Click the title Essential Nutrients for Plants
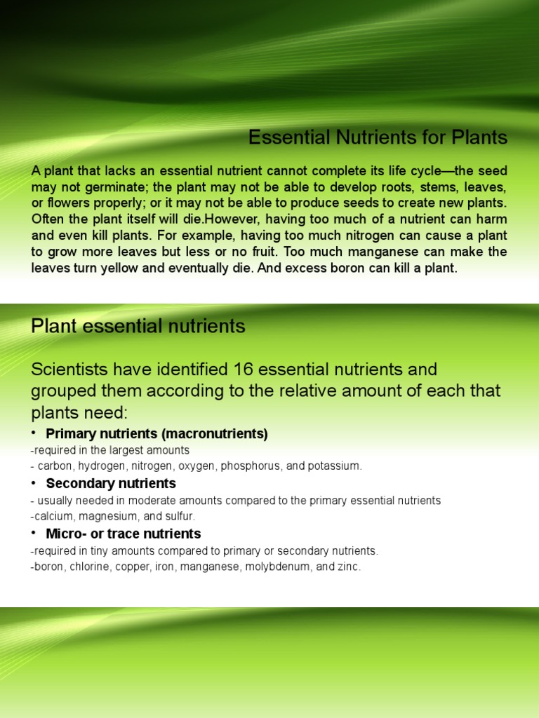click(x=378, y=138)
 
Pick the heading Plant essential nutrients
click(x=138, y=326)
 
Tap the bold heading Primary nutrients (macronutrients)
click(x=157, y=434)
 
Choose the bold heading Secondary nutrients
click(x=111, y=484)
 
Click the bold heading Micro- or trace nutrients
click(x=124, y=534)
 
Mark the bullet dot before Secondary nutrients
click(x=34, y=484)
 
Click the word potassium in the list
click(x=335, y=466)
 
